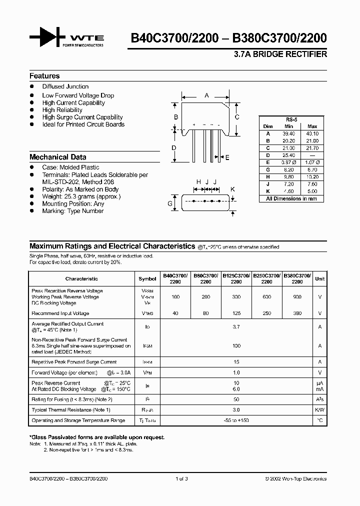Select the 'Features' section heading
tap(44, 76)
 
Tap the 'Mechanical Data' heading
tap(57, 157)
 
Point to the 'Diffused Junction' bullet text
tap(65, 86)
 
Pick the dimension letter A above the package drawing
tap(206, 95)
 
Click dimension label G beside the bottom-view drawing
tap(170, 203)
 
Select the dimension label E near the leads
tap(227, 157)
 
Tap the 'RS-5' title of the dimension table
tap(291, 120)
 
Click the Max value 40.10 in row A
tap(312, 133)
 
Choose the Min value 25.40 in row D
tap(289, 155)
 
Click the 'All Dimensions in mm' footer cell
tap(291, 198)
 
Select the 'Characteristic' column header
tap(81, 278)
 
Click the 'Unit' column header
tap(320, 278)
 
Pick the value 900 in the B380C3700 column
tap(296, 297)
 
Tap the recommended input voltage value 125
tap(236, 313)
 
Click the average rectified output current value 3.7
tap(236, 327)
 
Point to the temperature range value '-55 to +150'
tap(236, 420)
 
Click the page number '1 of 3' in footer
tap(181, 478)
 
